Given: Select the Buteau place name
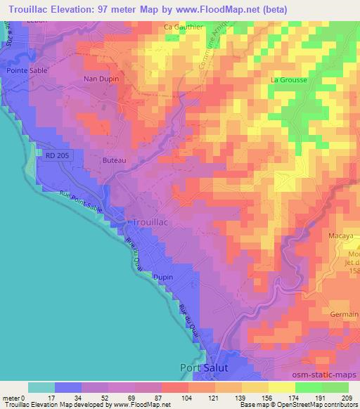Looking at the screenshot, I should coord(114,161).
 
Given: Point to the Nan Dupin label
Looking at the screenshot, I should coord(99,79).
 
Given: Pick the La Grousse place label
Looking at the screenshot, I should coord(287,80).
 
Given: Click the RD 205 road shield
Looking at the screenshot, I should coord(54,157).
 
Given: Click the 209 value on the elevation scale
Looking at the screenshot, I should coord(348,398).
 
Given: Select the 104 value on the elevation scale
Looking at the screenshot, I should coord(187,398).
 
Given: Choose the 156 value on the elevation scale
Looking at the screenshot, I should coord(268,398).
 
